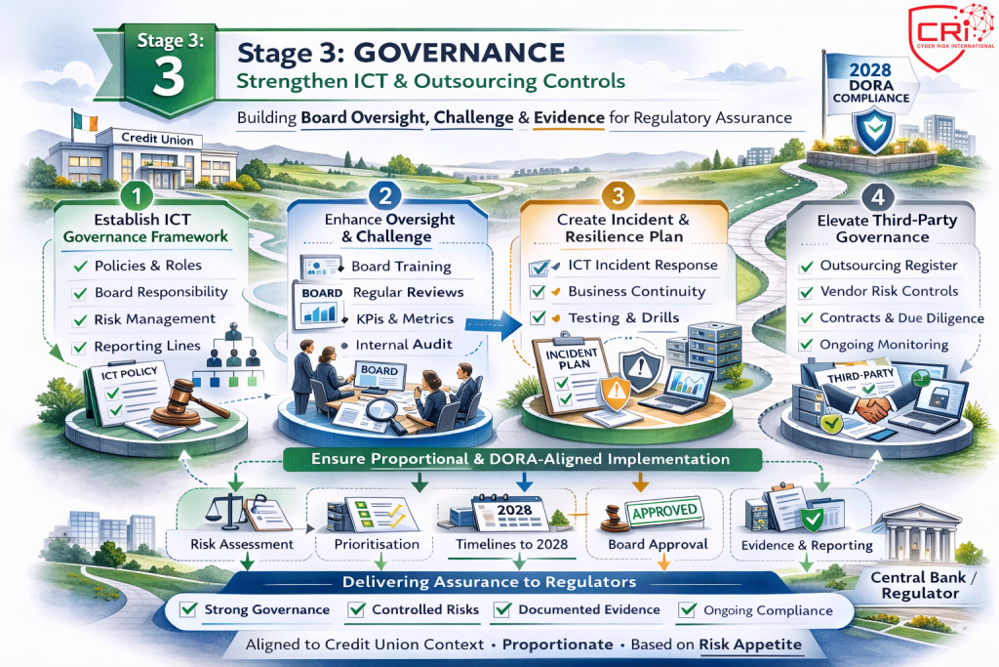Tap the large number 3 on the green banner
click(168, 79)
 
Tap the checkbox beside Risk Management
click(79, 319)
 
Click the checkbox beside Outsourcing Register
click(806, 266)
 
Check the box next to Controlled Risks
click(355, 610)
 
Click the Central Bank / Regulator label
click(926, 585)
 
